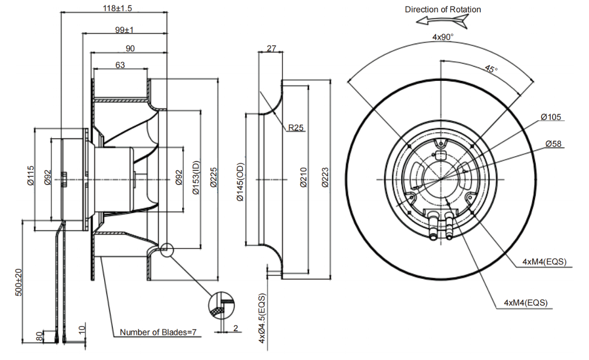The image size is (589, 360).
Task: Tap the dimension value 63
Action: [x=120, y=65]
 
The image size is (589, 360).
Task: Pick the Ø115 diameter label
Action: [x=31, y=176]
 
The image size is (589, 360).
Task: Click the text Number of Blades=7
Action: [x=158, y=332]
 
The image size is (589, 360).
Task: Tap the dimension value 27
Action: [x=271, y=48]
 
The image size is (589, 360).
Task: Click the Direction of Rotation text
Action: [x=443, y=9]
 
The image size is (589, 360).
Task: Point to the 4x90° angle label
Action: [x=443, y=37]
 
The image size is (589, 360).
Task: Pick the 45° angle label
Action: [x=491, y=69]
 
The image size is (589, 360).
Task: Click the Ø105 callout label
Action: [x=551, y=117]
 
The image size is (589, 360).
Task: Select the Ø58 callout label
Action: [x=553, y=144]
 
